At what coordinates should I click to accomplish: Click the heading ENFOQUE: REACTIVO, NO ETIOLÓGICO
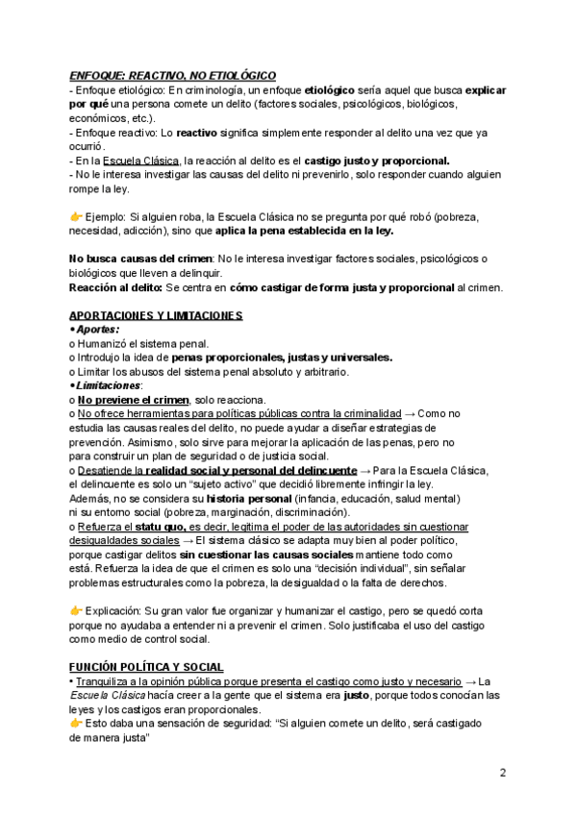[173, 74]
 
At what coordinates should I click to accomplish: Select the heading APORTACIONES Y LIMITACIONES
[156, 315]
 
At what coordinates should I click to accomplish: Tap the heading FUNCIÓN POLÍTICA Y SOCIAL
[147, 667]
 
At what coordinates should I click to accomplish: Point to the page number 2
[503, 773]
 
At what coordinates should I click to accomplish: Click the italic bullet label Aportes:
[97, 329]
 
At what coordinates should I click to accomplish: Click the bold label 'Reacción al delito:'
[115, 287]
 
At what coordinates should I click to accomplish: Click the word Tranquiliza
[108, 680]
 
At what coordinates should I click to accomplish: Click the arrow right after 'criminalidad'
[410, 412]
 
